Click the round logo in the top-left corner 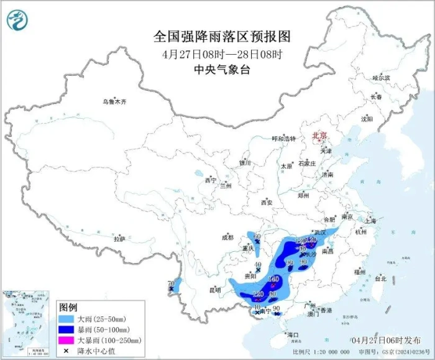tap(17, 21)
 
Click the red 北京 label tap(319, 134)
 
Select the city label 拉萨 tap(119, 239)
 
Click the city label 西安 tap(267, 203)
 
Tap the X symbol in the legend tap(66, 351)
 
